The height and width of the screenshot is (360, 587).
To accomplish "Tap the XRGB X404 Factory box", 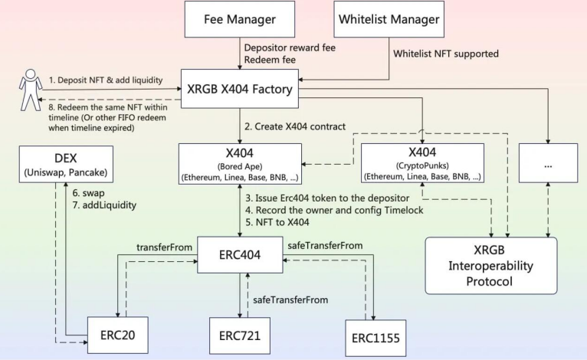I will click(238, 90).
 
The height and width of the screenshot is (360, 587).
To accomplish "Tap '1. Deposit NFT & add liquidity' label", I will click(116, 80).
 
